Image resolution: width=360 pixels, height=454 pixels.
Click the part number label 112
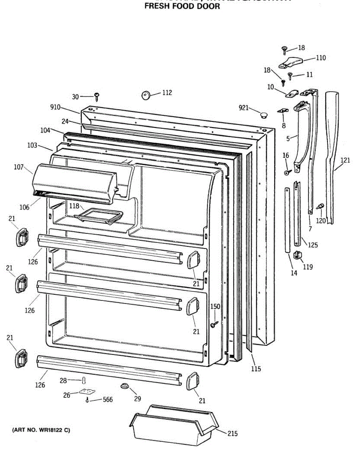point(167,93)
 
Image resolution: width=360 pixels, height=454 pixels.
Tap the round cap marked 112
point(146,95)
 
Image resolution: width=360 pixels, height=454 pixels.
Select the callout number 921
point(243,108)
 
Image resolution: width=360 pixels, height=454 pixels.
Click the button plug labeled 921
point(263,114)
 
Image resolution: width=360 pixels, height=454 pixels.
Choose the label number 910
point(55,107)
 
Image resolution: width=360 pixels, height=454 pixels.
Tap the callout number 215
point(232,434)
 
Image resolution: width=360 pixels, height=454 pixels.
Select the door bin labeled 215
point(174,426)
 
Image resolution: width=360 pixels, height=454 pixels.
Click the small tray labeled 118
point(99,217)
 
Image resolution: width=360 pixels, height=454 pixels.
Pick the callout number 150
point(215,307)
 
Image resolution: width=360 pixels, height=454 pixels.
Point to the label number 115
point(256,369)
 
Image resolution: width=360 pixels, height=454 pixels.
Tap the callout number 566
point(108,400)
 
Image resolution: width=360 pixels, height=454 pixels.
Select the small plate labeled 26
point(87,392)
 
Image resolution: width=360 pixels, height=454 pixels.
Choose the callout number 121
point(345,160)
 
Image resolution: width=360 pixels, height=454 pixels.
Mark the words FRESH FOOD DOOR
point(182,6)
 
